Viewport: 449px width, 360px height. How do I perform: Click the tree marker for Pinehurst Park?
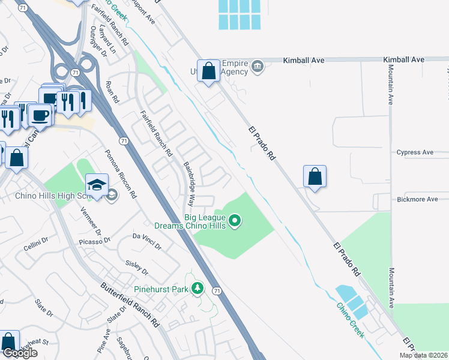197,290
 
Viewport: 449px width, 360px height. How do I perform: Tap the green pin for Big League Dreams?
235,221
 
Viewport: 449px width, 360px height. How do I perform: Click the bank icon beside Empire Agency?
258,65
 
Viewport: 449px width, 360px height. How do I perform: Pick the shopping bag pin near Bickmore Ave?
315,176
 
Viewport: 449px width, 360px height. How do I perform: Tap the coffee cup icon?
40,114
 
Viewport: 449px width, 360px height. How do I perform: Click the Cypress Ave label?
414,152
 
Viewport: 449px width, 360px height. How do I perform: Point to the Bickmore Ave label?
415,199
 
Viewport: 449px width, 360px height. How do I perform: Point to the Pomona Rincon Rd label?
122,175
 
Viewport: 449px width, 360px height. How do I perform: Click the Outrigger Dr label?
98,41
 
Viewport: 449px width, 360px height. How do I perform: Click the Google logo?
20,353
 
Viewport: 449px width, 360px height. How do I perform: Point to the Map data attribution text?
423,355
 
